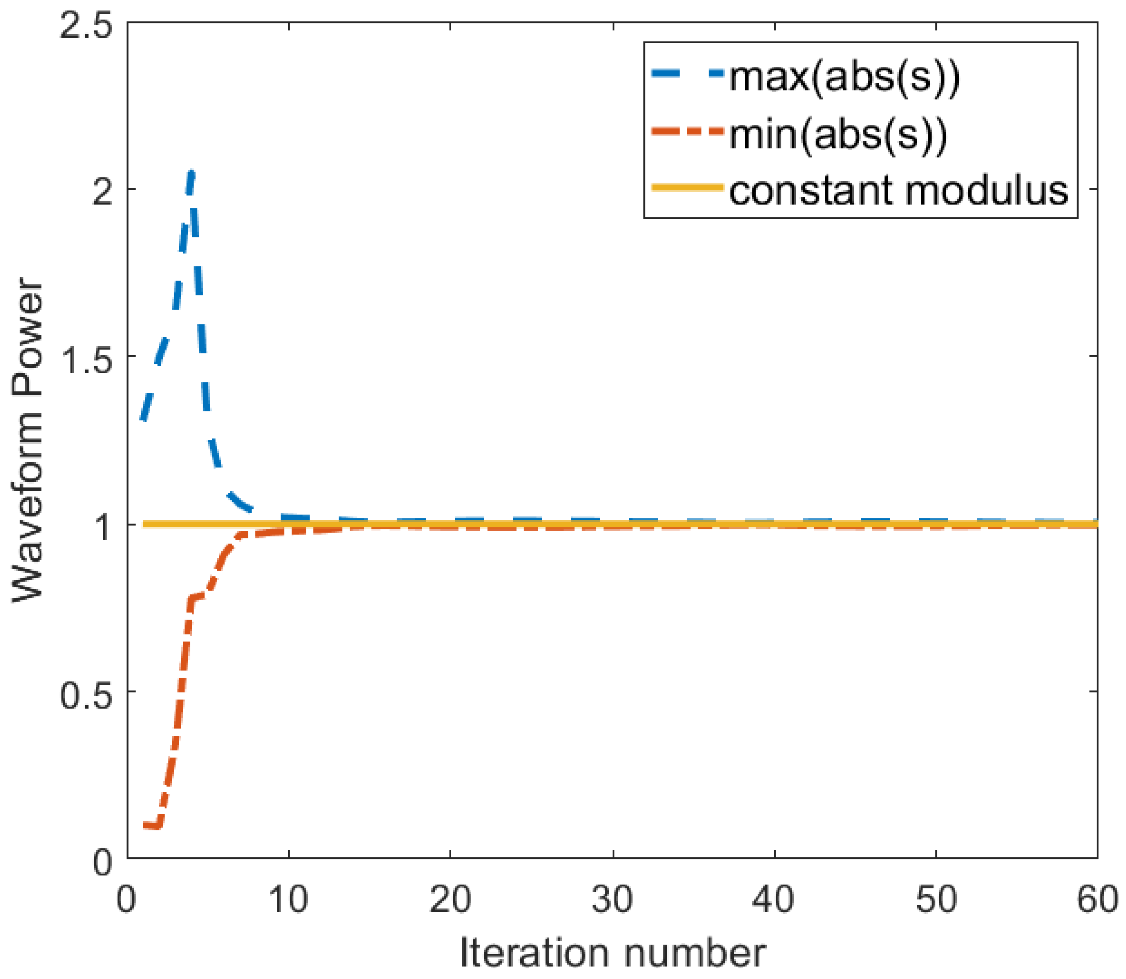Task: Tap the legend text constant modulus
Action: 898,191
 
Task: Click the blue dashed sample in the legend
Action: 688,73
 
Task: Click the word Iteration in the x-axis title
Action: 534,954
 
